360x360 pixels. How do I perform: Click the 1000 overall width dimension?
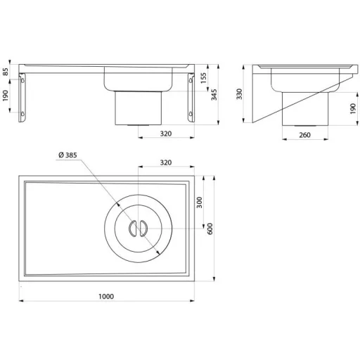106,296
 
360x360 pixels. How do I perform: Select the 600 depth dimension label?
210,229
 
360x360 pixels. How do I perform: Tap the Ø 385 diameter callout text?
67,155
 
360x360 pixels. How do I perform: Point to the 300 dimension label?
199,202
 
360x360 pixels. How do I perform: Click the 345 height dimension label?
214,95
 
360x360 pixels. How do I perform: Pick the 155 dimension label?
204,78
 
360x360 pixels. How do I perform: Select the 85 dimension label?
6,72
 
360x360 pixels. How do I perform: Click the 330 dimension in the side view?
239,94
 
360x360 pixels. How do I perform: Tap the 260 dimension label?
304,135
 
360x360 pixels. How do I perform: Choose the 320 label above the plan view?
166,162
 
